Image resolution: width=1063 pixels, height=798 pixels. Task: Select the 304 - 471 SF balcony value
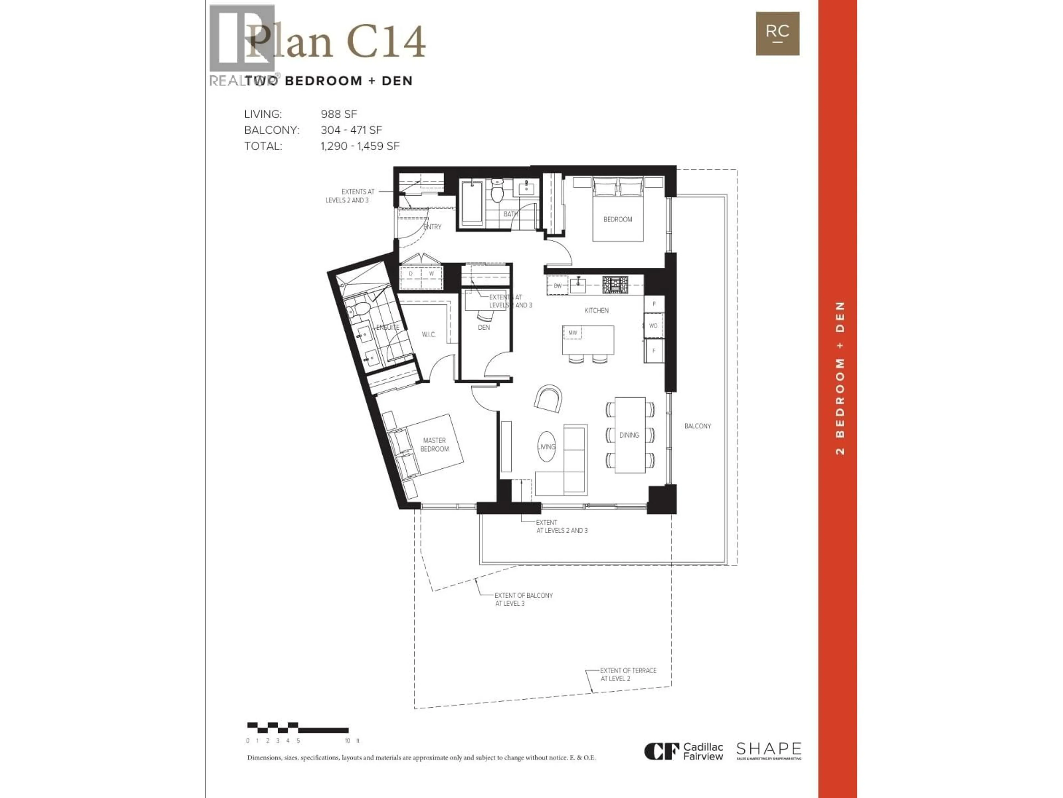(351, 130)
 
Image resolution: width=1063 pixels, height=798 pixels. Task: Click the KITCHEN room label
(596, 311)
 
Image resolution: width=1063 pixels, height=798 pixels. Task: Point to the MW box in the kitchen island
(572, 332)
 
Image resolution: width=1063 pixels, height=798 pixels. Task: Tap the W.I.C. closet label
(428, 334)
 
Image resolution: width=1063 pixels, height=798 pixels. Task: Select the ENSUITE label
(387, 328)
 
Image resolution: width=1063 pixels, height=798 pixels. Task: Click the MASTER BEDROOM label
(434, 444)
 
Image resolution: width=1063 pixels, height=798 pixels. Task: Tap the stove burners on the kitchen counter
(615, 285)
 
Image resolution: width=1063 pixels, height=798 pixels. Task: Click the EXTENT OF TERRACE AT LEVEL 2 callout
(628, 674)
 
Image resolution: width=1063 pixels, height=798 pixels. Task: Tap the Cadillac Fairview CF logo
(661, 751)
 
